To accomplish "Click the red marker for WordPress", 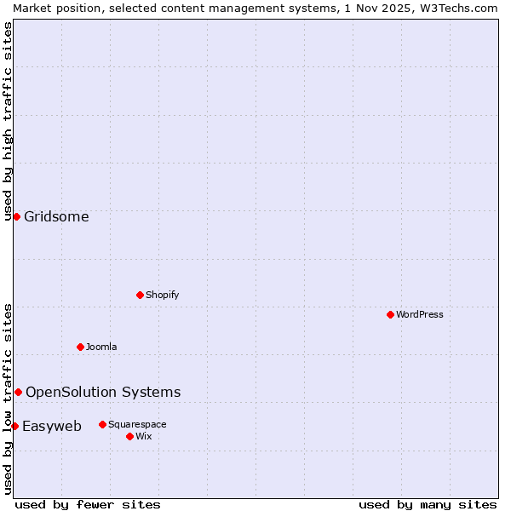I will (390, 314).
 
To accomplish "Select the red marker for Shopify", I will (140, 295).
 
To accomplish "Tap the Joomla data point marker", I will (80, 347).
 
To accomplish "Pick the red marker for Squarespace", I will (102, 424).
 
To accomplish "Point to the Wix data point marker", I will (129, 436).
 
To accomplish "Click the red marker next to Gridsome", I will (16, 216).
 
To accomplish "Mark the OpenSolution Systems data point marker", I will (18, 392).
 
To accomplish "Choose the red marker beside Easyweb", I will (14, 426).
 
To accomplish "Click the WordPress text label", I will (420, 314).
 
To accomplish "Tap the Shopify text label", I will (163, 295).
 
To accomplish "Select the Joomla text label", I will (101, 347).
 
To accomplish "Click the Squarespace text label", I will (137, 424).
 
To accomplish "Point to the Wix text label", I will (143, 436).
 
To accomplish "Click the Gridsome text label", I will (56, 216).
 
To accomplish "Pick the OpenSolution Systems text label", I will (103, 392).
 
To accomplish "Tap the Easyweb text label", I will (52, 426).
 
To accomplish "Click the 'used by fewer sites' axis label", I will (88, 504).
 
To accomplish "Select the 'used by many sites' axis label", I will (428, 504).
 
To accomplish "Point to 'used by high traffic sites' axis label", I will (8, 121).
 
